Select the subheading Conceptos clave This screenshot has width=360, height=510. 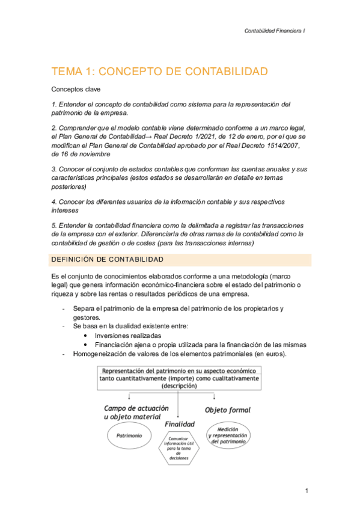[x=76, y=89]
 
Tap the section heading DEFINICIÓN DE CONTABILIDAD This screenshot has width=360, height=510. [x=108, y=259]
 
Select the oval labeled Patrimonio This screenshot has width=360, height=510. [x=129, y=435]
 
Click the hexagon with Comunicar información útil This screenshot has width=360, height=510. [x=178, y=447]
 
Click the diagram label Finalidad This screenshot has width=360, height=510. [x=179, y=424]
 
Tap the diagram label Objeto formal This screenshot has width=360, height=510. [x=228, y=410]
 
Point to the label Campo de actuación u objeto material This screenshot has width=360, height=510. [x=132, y=412]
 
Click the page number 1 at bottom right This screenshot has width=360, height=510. [x=306, y=491]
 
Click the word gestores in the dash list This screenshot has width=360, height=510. [x=87, y=317]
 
